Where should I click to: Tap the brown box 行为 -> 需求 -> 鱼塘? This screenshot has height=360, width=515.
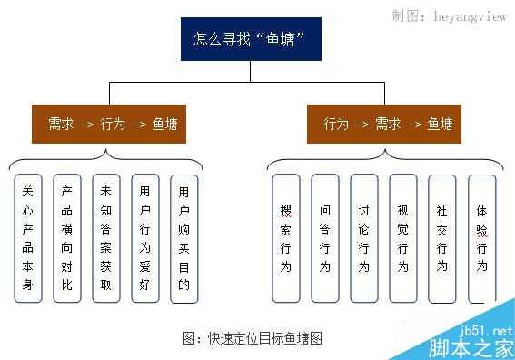[x=387, y=124]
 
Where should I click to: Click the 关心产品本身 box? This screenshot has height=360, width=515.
[x=27, y=239]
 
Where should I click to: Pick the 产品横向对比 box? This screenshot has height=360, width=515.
[x=66, y=239]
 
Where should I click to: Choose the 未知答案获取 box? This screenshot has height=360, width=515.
[x=105, y=239]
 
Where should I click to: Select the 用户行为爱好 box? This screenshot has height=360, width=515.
[x=144, y=239]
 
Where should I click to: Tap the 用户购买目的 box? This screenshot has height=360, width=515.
[x=183, y=239]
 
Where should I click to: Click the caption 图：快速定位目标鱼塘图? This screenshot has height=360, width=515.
[x=253, y=338]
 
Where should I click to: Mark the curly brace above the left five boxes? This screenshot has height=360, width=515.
[x=106, y=162]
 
